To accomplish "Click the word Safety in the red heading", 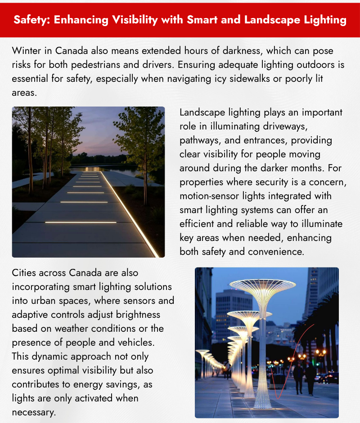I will pyautogui.click(x=31, y=20).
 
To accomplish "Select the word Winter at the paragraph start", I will pyautogui.click(x=27, y=50).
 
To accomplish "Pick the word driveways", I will pyautogui.click(x=286, y=126).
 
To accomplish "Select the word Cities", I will pyautogui.click(x=26, y=272).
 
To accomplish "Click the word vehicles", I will pyautogui.click(x=134, y=342).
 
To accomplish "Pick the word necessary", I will pyautogui.click(x=34, y=412).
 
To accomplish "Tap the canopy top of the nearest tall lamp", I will pyautogui.click(x=263, y=285).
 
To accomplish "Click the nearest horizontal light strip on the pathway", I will pyautogui.click(x=81, y=222).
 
